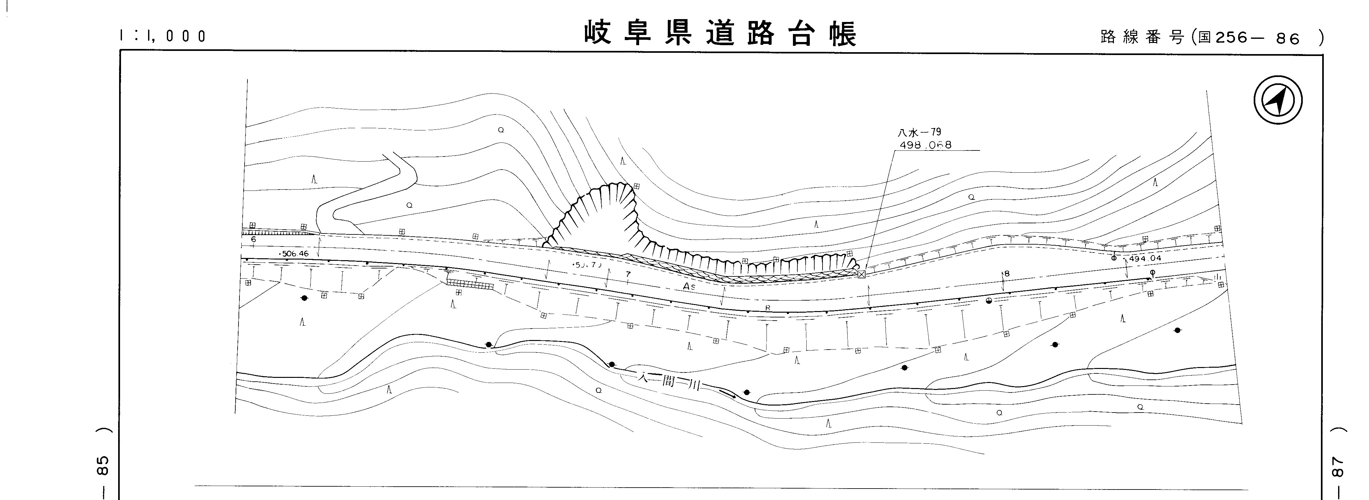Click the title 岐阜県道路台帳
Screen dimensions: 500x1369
pyautogui.click(x=720, y=34)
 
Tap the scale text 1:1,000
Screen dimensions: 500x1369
pyautogui.click(x=163, y=36)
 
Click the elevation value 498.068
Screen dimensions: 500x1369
pyautogui.click(x=925, y=144)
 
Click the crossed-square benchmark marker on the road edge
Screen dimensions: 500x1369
pyautogui.click(x=861, y=274)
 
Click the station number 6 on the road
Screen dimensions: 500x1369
pyautogui.click(x=253, y=240)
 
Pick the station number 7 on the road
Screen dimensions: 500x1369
pyautogui.click(x=628, y=274)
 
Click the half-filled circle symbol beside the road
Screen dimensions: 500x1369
pyautogui.click(x=988, y=301)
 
